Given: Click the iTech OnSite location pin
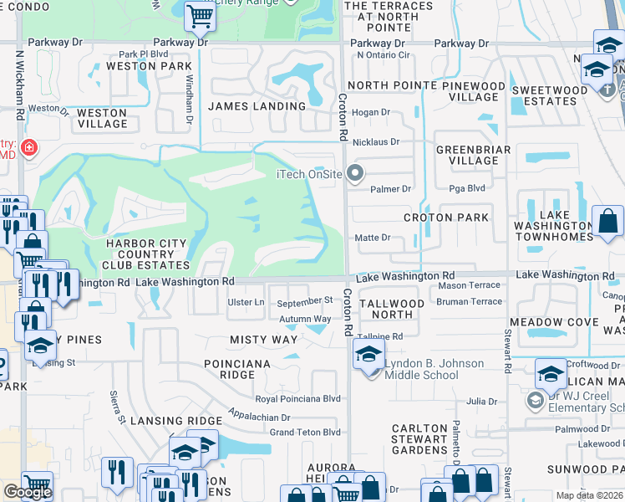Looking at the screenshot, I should (x=356, y=174).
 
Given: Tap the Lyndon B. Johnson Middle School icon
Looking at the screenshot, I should (x=368, y=354).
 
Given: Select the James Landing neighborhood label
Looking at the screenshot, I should (x=257, y=106).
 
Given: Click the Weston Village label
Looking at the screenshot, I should (x=103, y=118).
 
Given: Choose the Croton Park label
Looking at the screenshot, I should (x=446, y=218).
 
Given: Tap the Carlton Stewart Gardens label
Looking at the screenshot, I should (x=419, y=439).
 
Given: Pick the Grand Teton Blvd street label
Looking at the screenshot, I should (x=305, y=433).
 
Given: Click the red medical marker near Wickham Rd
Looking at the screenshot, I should (x=29, y=148).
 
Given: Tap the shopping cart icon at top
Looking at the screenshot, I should (x=199, y=15).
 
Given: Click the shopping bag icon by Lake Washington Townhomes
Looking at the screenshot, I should (x=608, y=222).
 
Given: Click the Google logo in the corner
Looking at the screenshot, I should (x=28, y=492).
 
